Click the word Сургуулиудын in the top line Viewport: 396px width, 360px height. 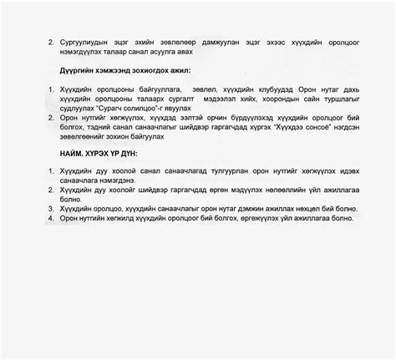(85, 39)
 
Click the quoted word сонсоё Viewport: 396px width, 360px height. (311, 127)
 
